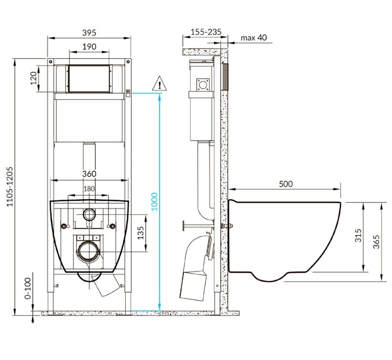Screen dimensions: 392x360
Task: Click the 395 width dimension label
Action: coord(89,32)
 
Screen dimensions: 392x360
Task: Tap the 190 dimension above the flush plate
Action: coord(89,47)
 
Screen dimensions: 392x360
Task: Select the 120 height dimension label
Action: coord(34,78)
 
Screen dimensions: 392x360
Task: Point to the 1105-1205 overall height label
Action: coord(10,186)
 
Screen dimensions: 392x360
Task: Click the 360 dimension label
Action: coord(89,174)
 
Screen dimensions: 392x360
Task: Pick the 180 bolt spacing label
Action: coord(89,189)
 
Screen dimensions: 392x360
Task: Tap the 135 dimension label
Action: coord(141,233)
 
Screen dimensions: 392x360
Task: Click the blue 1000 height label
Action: coord(155,202)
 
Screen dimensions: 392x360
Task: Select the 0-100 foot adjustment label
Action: coord(28,288)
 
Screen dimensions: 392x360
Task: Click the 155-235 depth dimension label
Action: coord(206,32)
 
